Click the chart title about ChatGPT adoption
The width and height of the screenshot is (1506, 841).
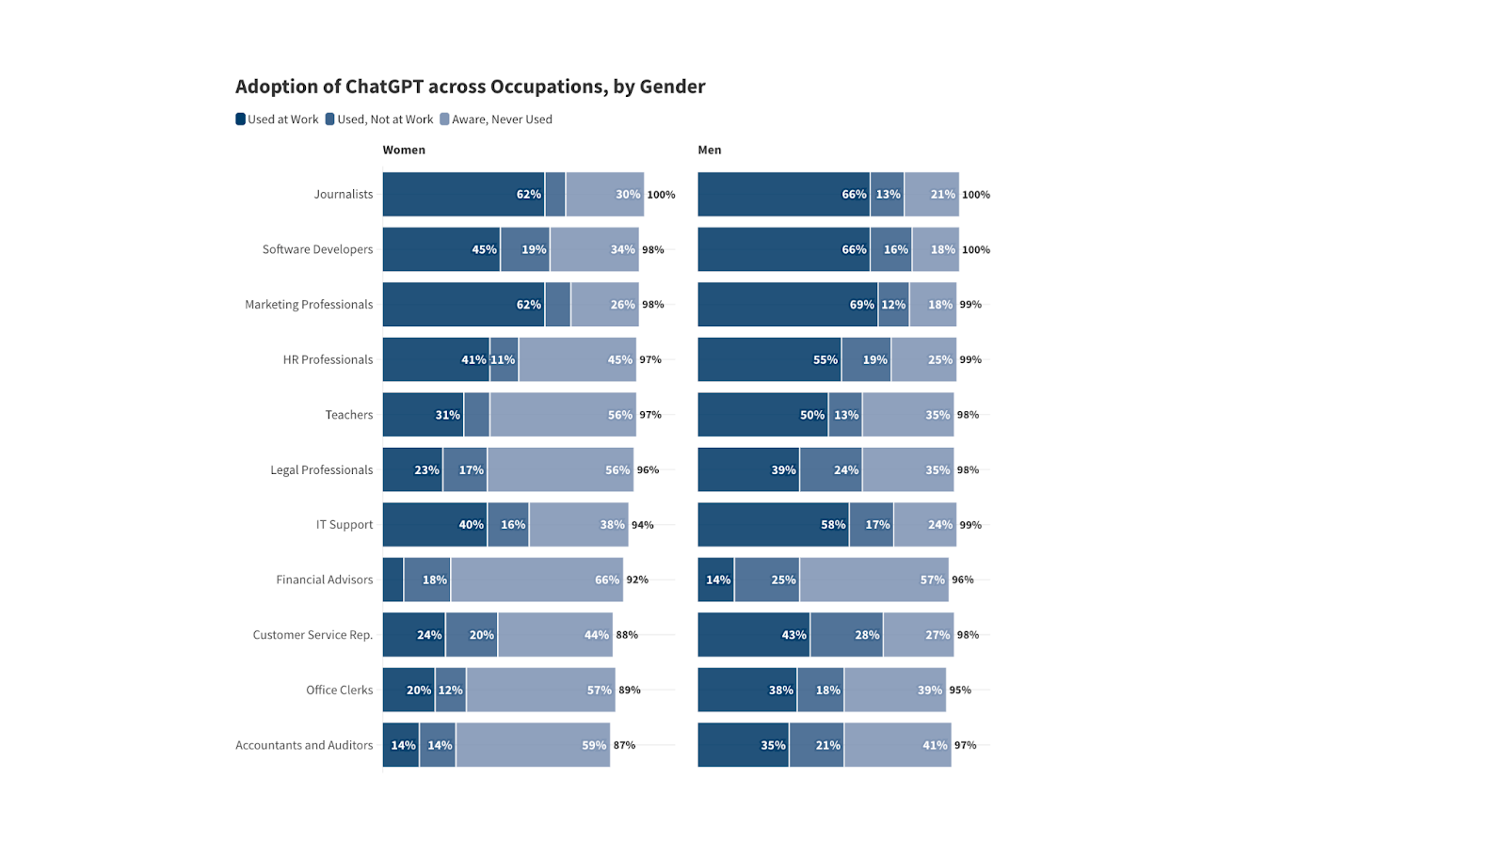pyautogui.click(x=470, y=87)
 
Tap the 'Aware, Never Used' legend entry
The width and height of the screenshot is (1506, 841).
pyautogui.click(x=496, y=119)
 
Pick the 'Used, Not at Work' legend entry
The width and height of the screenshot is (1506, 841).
pyautogui.click(x=379, y=119)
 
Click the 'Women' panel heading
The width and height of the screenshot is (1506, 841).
pyautogui.click(x=404, y=150)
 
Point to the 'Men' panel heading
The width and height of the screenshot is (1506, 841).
pyautogui.click(x=710, y=150)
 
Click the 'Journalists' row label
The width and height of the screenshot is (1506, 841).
pyautogui.click(x=344, y=195)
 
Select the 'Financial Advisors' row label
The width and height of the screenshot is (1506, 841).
pyautogui.click(x=325, y=579)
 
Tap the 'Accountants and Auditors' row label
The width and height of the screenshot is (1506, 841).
pyautogui.click(x=304, y=745)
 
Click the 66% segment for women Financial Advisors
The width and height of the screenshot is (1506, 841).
pyautogui.click(x=537, y=579)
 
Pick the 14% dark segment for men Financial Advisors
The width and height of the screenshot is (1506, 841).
pyautogui.click(x=715, y=579)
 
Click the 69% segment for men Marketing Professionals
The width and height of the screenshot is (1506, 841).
pyautogui.click(x=787, y=305)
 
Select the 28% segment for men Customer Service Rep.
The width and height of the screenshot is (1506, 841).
pyautogui.click(x=846, y=635)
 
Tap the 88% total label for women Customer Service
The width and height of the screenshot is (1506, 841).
pyautogui.click(x=627, y=635)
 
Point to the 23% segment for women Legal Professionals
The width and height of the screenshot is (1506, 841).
pyautogui.click(x=412, y=469)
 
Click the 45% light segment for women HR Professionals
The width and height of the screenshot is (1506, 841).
pyautogui.click(x=577, y=359)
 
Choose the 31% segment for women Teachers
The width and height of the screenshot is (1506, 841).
pyautogui.click(x=423, y=415)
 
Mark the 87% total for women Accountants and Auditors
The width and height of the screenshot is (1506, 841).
pyautogui.click(x=624, y=745)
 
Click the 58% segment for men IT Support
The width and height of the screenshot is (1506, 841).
pyautogui.click(x=773, y=525)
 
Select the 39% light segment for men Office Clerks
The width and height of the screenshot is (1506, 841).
pyautogui.click(x=894, y=690)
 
